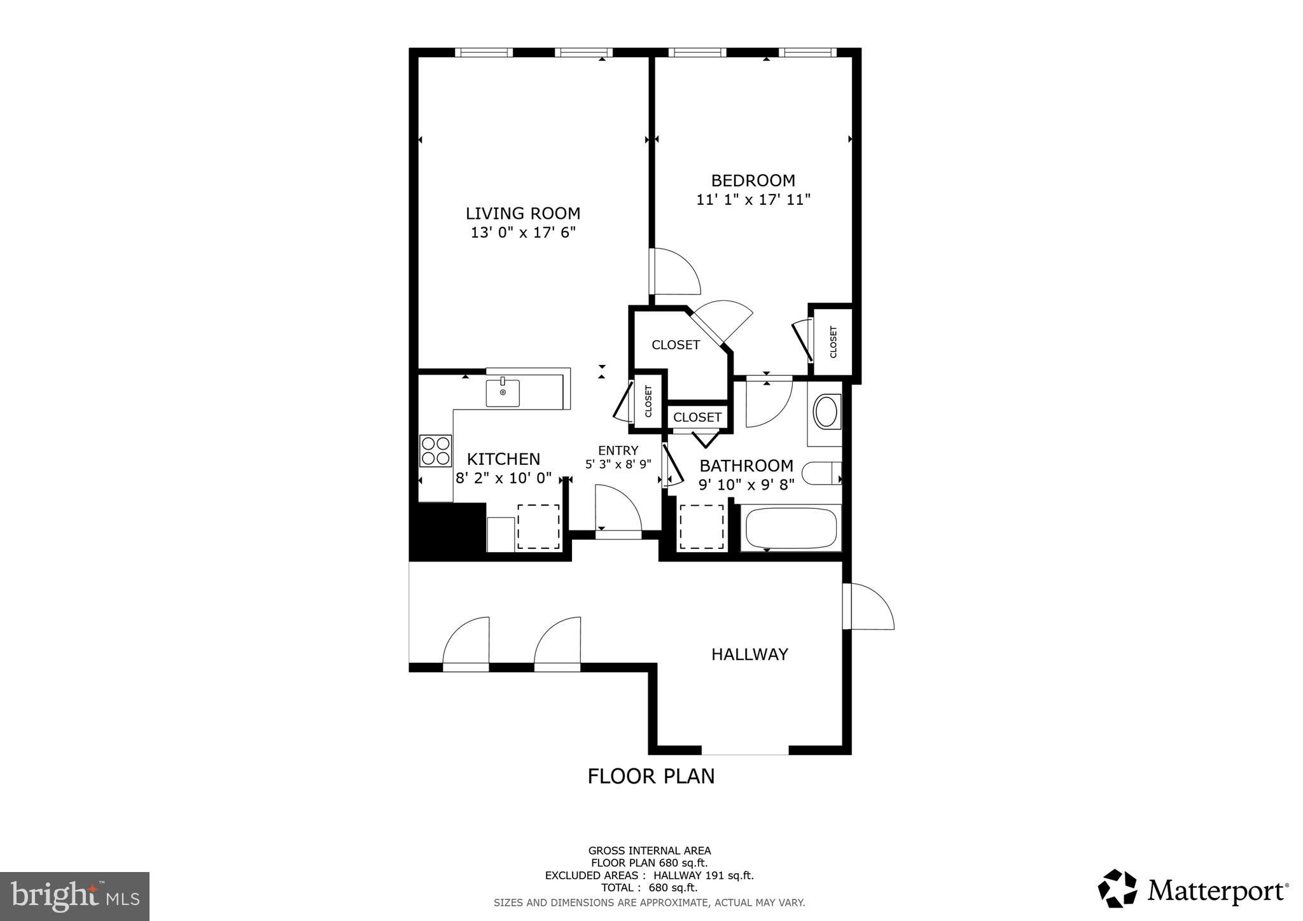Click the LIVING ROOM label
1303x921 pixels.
[523, 213]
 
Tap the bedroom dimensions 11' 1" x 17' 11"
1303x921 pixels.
[753, 200]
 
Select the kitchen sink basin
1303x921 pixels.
[503, 392]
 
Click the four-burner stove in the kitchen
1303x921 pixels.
[436, 450]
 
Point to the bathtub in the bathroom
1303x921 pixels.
[791, 528]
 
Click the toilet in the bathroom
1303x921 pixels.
[821, 473]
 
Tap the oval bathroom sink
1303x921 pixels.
[826, 412]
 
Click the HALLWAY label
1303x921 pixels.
[749, 654]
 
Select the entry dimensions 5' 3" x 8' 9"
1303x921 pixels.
[618, 464]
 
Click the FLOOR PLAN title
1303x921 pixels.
[651, 776]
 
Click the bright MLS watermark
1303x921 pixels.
[75, 896]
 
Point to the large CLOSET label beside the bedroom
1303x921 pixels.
[676, 345]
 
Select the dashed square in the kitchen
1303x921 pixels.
[538, 527]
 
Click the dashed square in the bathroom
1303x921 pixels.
[702, 527]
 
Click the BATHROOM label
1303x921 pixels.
[746, 466]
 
